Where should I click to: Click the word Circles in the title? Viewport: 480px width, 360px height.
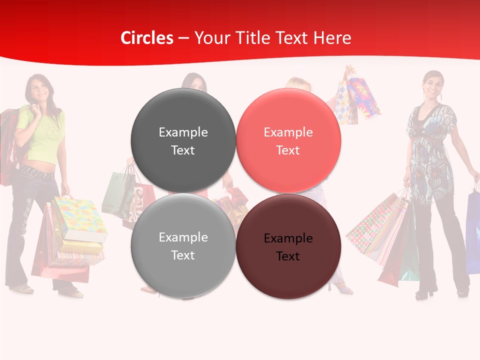(147, 38)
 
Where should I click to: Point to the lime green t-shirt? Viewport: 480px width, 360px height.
(42, 132)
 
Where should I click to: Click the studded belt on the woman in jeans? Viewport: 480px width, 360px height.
(37, 174)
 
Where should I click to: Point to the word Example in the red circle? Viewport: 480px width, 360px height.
(288, 132)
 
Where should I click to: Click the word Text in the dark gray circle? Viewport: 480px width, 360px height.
(183, 150)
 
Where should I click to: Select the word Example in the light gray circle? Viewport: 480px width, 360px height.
(183, 237)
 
